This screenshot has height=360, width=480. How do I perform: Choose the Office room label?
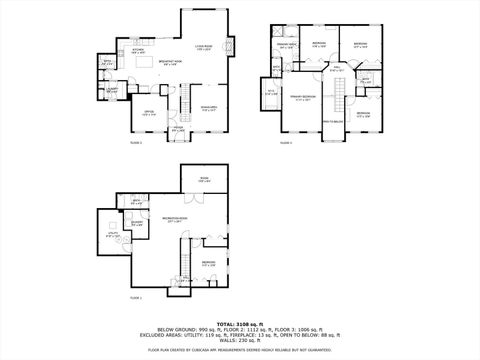(148, 113)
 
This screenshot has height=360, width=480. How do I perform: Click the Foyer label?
(177, 128)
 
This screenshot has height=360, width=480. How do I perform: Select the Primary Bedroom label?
(302, 99)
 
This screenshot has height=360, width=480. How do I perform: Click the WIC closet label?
(270, 93)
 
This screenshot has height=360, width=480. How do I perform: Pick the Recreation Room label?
(176, 219)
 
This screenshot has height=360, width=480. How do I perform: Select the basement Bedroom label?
(207, 263)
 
